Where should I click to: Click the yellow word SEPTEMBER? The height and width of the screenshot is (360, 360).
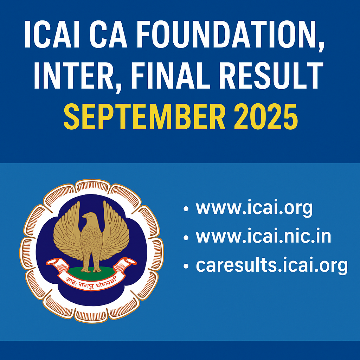[x=144, y=115]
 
